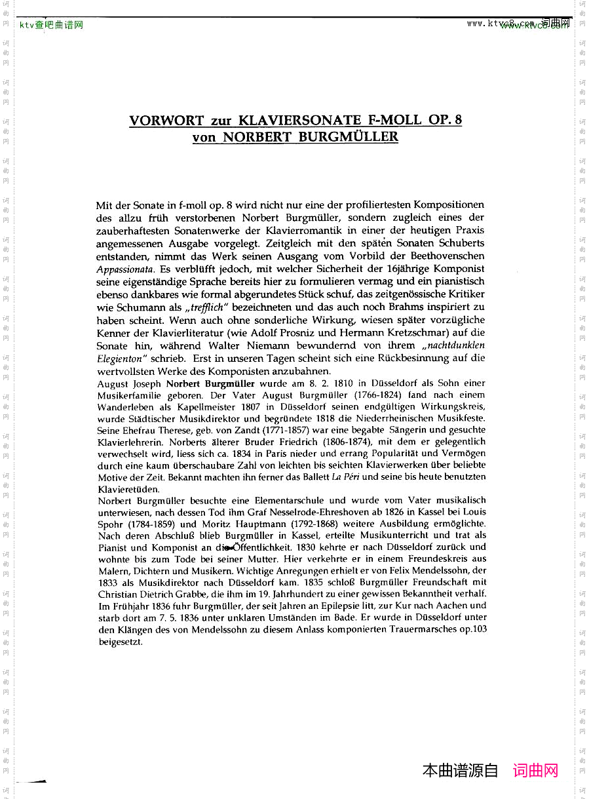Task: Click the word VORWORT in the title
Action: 166,121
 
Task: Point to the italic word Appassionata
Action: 124,269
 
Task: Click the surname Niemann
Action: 269,345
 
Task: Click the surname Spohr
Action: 112,524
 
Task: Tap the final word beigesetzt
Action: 121,642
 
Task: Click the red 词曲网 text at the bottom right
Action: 535,771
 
